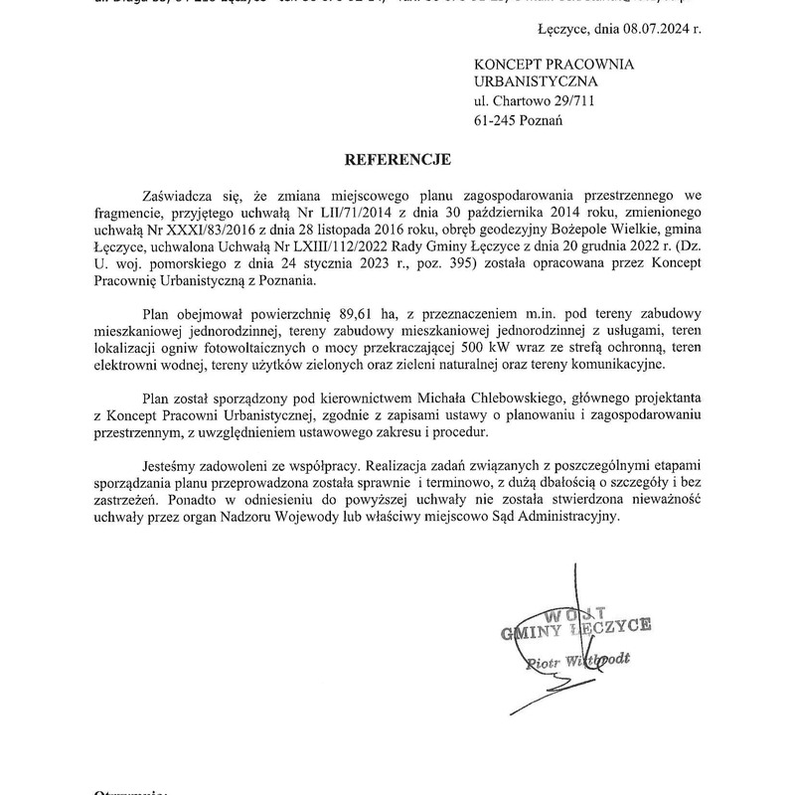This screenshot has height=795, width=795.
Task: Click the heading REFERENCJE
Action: click(x=397, y=159)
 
